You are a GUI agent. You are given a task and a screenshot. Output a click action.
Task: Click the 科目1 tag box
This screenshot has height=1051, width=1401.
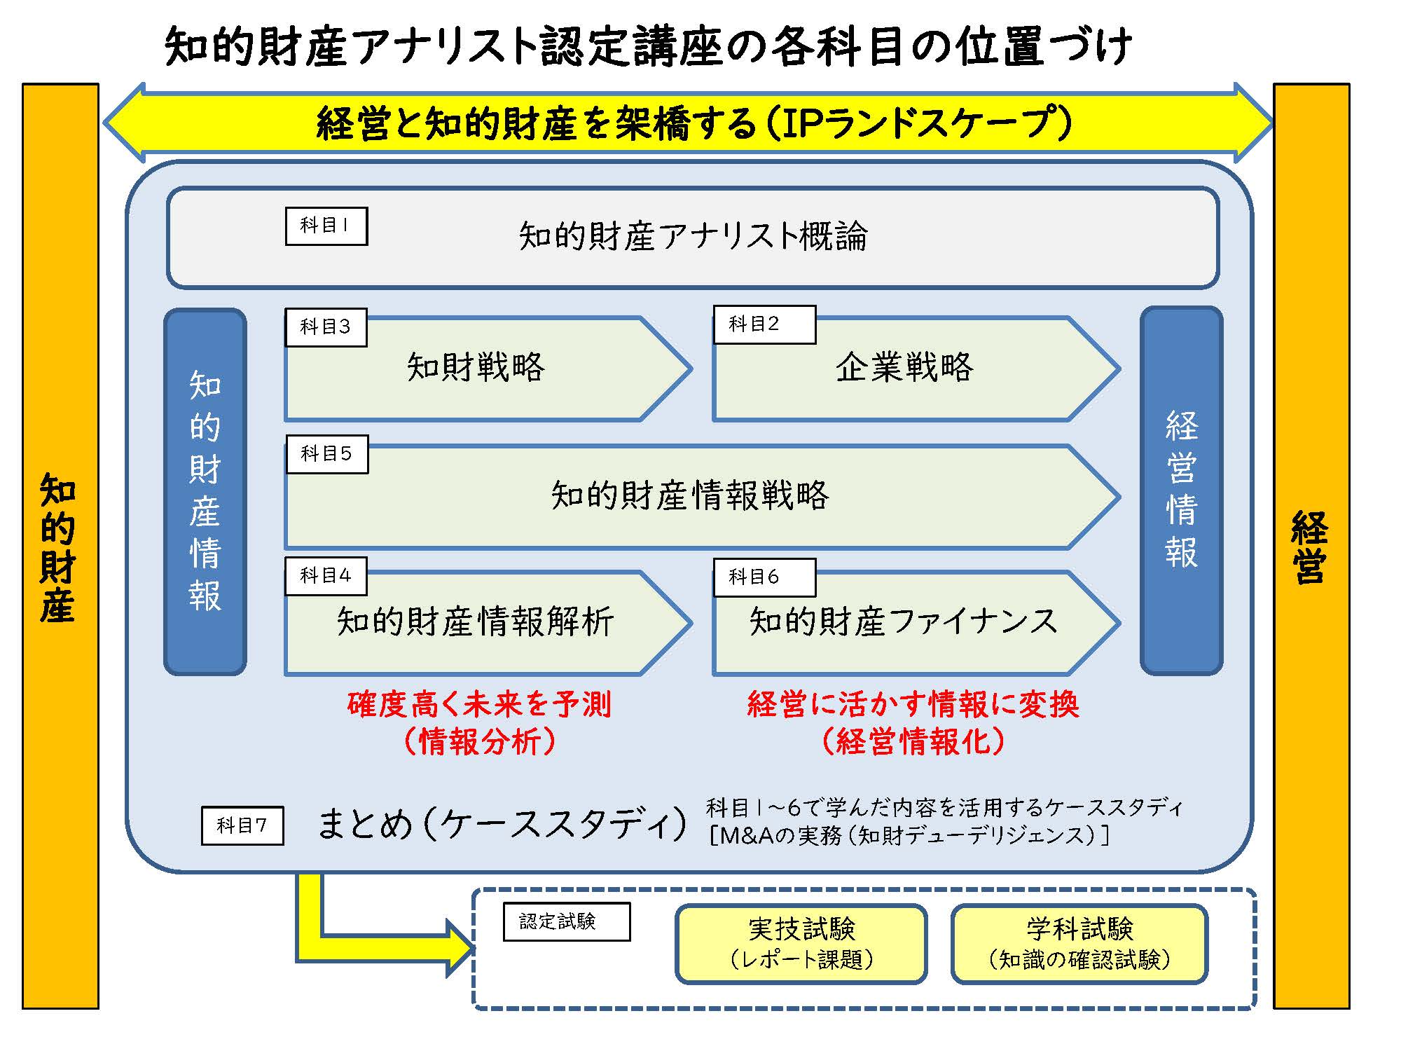[326, 226]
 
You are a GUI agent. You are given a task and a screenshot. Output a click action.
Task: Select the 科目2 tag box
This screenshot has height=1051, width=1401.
[764, 324]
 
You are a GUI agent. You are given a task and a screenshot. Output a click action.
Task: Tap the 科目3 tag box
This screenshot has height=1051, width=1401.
[326, 327]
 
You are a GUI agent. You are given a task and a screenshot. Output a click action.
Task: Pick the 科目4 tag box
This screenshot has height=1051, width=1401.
[326, 577]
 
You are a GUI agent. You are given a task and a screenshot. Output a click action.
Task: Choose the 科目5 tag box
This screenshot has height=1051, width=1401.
[326, 454]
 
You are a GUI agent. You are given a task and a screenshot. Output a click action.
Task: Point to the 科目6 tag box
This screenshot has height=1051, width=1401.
[764, 577]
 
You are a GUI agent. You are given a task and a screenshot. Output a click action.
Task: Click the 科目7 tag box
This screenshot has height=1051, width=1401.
[242, 825]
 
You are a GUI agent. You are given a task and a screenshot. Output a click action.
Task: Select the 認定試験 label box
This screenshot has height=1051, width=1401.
[566, 921]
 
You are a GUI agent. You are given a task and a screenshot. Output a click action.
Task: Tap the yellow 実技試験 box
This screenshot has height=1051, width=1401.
[801, 943]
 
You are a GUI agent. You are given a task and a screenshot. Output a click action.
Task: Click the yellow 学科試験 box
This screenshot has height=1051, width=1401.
[1079, 943]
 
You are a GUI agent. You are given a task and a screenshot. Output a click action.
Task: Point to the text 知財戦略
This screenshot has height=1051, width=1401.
[476, 367]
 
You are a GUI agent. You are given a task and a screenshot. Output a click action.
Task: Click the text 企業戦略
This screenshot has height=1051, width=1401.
[904, 367]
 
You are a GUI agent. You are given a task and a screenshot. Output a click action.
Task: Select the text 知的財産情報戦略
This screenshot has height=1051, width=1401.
[689, 495]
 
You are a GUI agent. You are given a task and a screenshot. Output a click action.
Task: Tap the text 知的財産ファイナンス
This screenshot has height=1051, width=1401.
[903, 621]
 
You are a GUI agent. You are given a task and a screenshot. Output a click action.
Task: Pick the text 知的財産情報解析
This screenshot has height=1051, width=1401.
[476, 621]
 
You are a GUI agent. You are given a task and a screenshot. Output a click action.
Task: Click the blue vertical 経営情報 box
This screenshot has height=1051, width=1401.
[1181, 490]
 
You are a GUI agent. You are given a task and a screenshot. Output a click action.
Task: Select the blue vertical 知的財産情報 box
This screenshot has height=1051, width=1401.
[205, 490]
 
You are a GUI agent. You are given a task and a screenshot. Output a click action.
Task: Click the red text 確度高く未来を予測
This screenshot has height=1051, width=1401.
[479, 705]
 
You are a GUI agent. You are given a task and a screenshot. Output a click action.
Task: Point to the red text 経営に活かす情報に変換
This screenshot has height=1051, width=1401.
[913, 705]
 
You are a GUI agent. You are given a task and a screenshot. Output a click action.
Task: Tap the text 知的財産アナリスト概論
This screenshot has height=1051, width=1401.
[693, 236]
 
